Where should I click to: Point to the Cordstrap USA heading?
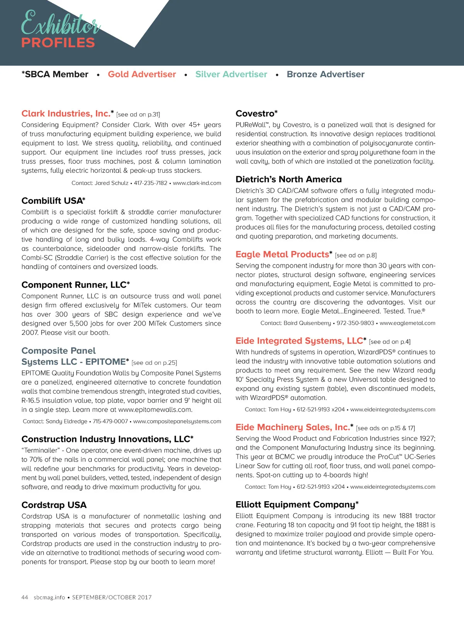click(x=54, y=505)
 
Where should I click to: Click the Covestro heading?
click(x=256, y=114)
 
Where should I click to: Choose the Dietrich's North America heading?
click(x=288, y=179)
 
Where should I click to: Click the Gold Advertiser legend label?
click(x=142, y=74)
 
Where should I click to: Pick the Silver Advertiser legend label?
click(x=231, y=74)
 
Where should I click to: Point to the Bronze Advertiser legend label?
click(x=326, y=74)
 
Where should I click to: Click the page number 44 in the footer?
click(x=25, y=597)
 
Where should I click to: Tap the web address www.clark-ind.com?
click(x=197, y=183)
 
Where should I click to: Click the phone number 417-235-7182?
click(x=150, y=183)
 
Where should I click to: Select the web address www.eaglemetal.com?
click(x=407, y=323)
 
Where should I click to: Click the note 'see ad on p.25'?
click(x=154, y=363)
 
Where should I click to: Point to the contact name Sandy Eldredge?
click(x=66, y=421)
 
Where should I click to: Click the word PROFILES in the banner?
click(x=58, y=43)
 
